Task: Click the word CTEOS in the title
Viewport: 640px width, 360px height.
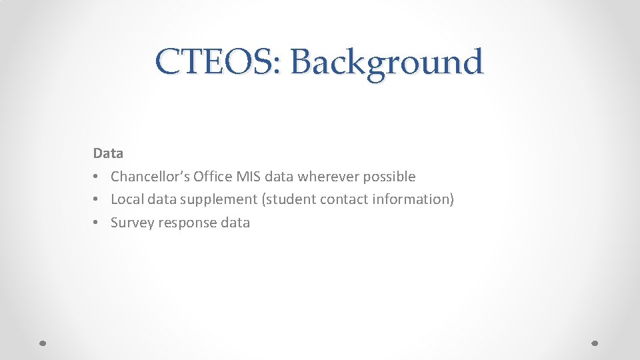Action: (x=218, y=63)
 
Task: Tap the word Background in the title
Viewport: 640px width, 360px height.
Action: (x=386, y=63)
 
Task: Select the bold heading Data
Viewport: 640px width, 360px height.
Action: (x=108, y=153)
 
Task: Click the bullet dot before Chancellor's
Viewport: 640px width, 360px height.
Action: (x=97, y=177)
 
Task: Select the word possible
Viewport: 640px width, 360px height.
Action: (x=389, y=177)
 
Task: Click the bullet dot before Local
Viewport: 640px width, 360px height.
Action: (x=97, y=199)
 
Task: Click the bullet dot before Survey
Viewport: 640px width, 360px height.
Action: (x=97, y=223)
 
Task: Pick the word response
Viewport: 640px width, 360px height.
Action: (x=187, y=223)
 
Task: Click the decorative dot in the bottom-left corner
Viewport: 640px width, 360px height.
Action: (x=42, y=343)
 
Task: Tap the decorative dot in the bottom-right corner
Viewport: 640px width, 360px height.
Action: (x=595, y=343)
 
